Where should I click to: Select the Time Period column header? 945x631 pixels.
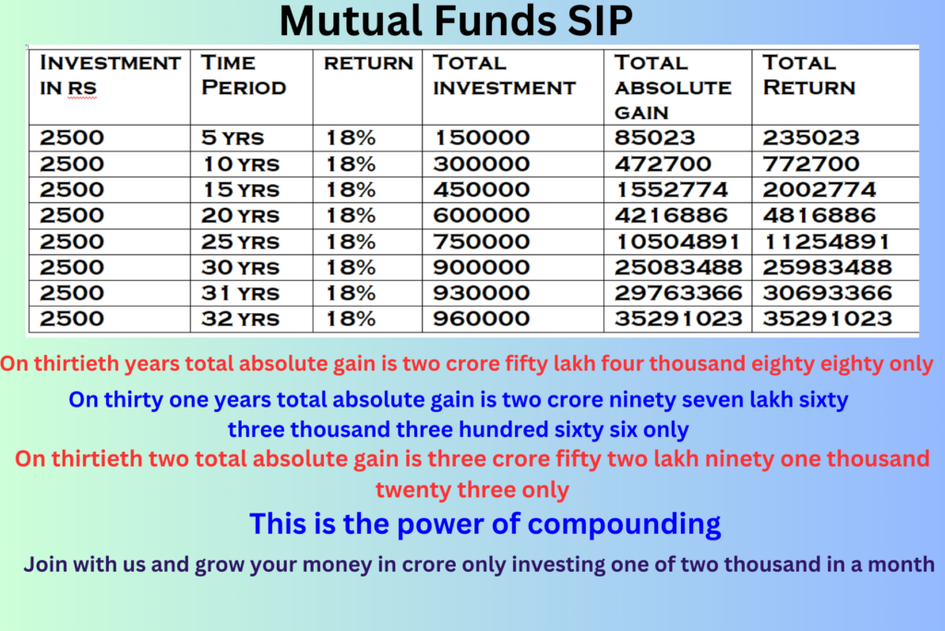point(244,75)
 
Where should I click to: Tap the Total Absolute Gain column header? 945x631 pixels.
point(673,88)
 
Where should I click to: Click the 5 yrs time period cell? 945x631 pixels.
point(233,138)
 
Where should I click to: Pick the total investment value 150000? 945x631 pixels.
point(482,138)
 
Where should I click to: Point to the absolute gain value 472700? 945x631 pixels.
point(663,164)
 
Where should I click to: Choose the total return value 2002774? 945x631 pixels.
point(819,189)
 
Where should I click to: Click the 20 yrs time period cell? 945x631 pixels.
point(241,215)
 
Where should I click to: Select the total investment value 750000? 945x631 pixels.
point(482,241)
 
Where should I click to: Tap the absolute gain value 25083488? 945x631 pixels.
point(678,267)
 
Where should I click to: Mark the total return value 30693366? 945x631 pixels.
point(827,293)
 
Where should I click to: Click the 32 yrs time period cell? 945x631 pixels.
point(241,319)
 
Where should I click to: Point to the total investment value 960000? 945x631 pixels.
point(482,319)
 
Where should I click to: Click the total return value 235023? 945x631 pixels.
point(811,138)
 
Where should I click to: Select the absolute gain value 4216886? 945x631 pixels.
point(672,215)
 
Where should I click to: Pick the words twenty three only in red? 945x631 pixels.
point(472,490)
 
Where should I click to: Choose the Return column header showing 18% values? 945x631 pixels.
point(368,63)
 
